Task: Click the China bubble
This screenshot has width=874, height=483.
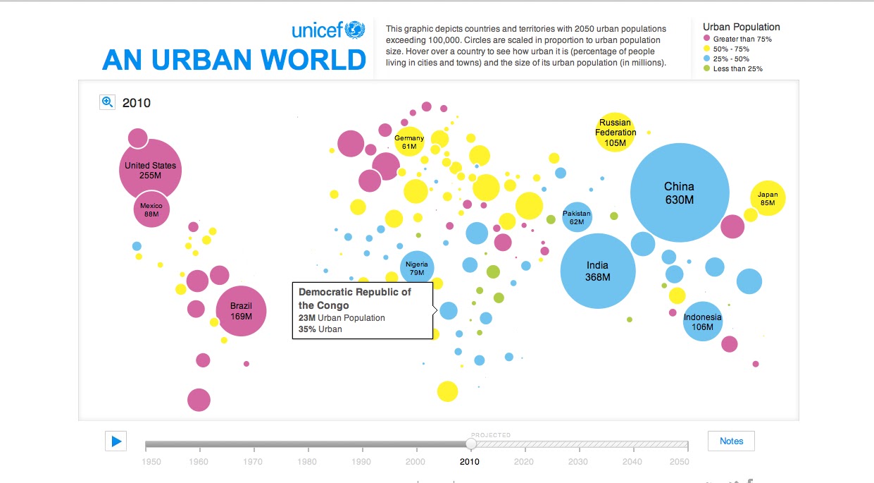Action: pyautogui.click(x=679, y=192)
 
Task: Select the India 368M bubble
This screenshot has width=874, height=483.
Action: pyautogui.click(x=598, y=271)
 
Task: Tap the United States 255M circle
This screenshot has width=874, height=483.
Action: pyautogui.click(x=150, y=170)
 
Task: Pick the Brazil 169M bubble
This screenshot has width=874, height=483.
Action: pyautogui.click(x=241, y=311)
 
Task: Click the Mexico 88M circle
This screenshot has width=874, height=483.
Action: pyautogui.click(x=151, y=209)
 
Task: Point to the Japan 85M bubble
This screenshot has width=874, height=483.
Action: pyautogui.click(x=768, y=199)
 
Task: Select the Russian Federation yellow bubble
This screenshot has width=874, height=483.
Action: pyautogui.click(x=616, y=132)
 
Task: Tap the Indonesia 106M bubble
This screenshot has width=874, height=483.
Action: pyautogui.click(x=703, y=322)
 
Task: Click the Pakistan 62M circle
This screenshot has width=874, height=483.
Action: pyautogui.click(x=577, y=217)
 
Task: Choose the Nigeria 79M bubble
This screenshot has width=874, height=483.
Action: pyautogui.click(x=417, y=268)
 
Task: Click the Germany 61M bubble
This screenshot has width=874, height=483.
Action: pyautogui.click(x=409, y=142)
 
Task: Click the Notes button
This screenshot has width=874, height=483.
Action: pyautogui.click(x=731, y=441)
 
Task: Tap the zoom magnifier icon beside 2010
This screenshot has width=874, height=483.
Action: pyautogui.click(x=107, y=102)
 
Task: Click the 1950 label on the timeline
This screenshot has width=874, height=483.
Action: pyautogui.click(x=151, y=462)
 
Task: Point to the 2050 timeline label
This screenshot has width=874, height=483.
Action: pyautogui.click(x=679, y=462)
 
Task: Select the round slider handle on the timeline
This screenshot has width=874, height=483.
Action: pyautogui.click(x=471, y=444)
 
